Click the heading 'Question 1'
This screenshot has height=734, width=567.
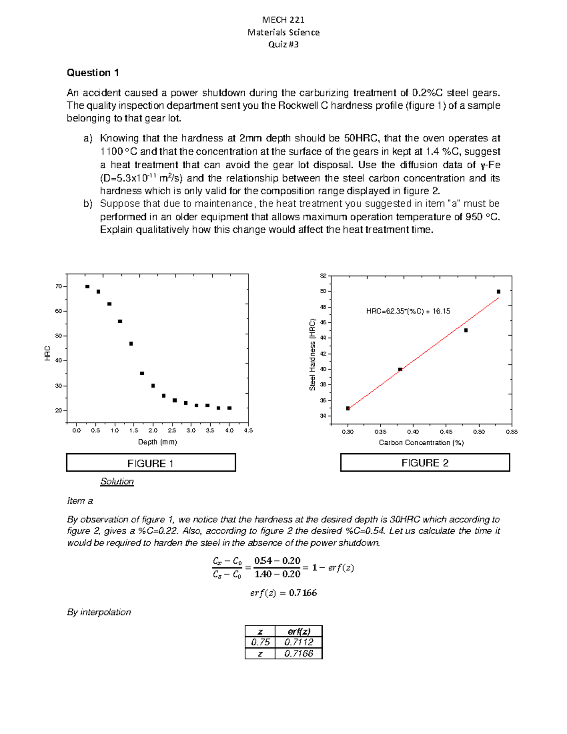[93, 73]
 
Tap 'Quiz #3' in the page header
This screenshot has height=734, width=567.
[283, 44]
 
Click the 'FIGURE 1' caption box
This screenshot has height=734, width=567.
[151, 463]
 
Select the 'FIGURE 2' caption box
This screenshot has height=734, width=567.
[425, 463]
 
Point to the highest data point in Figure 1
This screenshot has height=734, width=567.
[87, 286]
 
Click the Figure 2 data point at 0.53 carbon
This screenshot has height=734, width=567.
[498, 292]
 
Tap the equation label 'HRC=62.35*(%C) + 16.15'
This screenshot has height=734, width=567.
[408, 311]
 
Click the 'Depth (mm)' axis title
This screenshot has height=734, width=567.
[157, 442]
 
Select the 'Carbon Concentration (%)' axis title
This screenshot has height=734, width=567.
[421, 443]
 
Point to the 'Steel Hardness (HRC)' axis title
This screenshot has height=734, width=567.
[312, 354]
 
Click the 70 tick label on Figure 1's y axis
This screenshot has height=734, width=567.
[59, 286]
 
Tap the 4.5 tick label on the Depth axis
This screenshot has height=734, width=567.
[248, 431]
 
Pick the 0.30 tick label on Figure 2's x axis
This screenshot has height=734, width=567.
[347, 432]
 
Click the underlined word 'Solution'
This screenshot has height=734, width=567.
[117, 482]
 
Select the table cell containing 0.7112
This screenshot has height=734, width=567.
[299, 642]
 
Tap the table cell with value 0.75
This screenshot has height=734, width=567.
[260, 642]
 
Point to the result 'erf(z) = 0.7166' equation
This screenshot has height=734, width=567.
[283, 593]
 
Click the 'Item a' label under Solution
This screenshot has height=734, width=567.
[80, 501]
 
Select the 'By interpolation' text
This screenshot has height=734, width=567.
[99, 612]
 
